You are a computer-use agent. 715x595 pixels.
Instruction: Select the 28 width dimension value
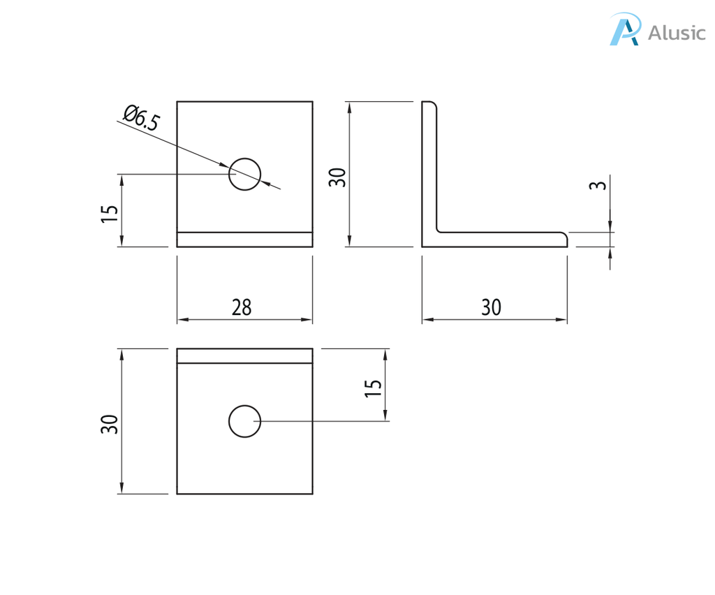click(242, 307)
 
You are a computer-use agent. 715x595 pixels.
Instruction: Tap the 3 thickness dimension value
click(598, 186)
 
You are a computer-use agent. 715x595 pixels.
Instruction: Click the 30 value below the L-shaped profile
click(492, 307)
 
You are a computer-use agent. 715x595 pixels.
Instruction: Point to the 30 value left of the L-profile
click(338, 177)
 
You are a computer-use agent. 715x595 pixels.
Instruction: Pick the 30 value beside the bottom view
click(110, 424)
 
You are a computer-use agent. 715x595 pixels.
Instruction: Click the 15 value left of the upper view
click(110, 214)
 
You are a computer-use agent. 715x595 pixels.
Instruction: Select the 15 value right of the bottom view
click(374, 388)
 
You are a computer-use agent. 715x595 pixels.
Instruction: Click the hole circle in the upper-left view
click(244, 174)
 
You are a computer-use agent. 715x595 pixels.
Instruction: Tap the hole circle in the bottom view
click(244, 421)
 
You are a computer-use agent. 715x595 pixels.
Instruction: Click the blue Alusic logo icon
click(624, 30)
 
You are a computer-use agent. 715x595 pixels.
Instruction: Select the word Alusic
click(677, 33)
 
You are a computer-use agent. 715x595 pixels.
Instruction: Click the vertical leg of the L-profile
click(429, 168)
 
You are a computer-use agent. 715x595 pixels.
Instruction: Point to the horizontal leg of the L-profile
click(499, 239)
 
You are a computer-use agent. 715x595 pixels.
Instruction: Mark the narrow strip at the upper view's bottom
click(244, 240)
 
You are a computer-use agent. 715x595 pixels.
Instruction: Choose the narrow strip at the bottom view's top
click(244, 356)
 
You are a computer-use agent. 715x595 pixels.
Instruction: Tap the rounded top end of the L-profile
click(430, 104)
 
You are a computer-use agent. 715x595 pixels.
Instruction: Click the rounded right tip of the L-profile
click(565, 239)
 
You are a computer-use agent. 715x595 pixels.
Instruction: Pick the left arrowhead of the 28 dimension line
click(182, 320)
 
